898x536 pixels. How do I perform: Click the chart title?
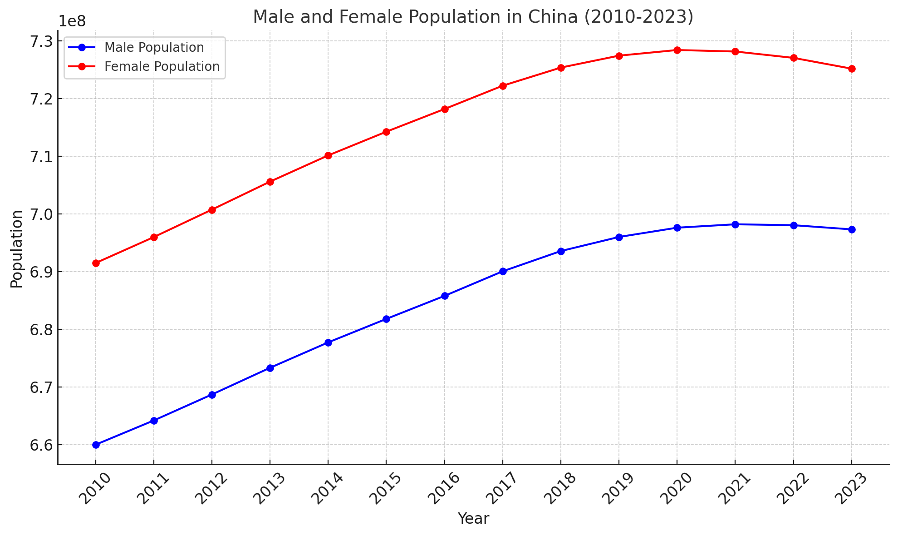[x=473, y=17]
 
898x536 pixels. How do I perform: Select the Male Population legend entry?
[x=154, y=48]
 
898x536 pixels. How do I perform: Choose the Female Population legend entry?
[x=162, y=66]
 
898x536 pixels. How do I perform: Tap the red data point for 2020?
[x=677, y=50]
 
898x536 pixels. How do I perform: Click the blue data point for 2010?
[x=96, y=445]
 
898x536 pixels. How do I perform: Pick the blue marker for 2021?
[x=735, y=224]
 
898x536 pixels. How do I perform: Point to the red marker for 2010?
[x=96, y=263]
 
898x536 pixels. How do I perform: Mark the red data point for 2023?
[x=852, y=69]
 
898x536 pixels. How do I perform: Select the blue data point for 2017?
[x=503, y=271]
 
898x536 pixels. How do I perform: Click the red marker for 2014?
[x=328, y=155]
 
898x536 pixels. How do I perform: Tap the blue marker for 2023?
[x=852, y=229]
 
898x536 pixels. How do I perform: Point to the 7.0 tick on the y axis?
[x=40, y=214]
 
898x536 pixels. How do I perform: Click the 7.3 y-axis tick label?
[x=40, y=41]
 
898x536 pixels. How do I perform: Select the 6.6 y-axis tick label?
[x=40, y=445]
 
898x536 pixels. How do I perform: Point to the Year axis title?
[x=473, y=519]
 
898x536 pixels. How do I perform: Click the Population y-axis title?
[x=17, y=249]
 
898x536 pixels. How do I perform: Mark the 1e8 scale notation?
[x=72, y=21]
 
